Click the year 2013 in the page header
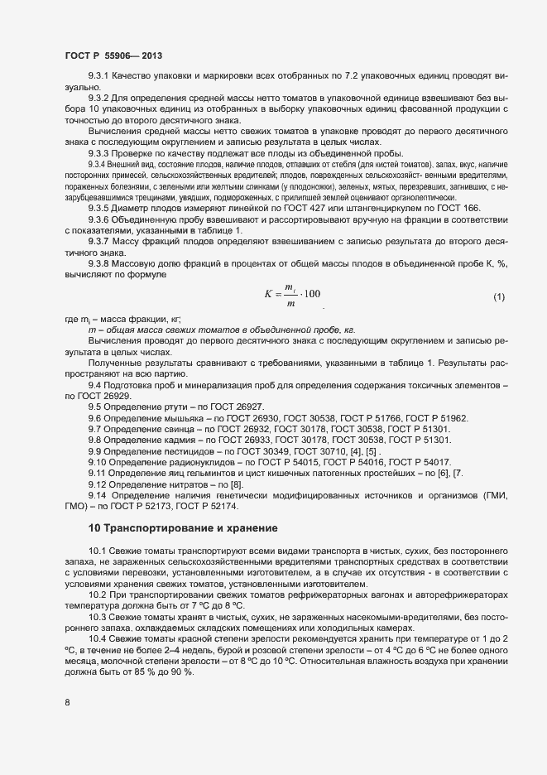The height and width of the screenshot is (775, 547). tap(151, 55)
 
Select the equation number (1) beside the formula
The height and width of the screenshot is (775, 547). tap(499, 296)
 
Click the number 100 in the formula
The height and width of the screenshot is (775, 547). tap(312, 294)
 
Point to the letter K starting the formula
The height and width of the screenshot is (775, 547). tap(268, 294)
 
